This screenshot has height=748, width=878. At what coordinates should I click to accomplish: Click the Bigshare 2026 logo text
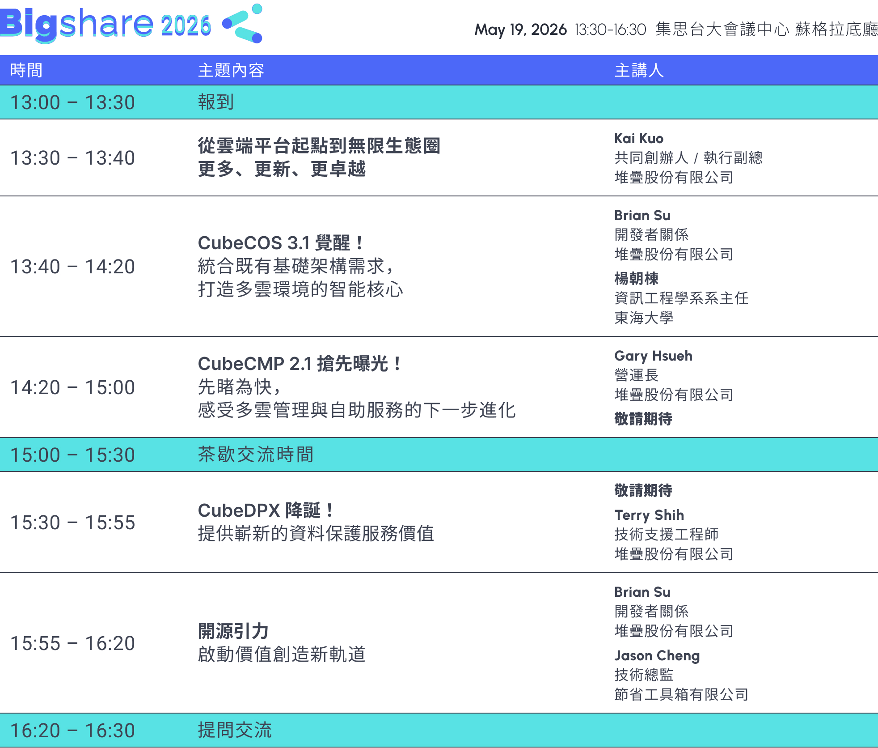[x=106, y=24]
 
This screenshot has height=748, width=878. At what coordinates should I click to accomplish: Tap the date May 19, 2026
[x=520, y=30]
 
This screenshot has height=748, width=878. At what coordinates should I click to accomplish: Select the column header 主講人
[x=639, y=70]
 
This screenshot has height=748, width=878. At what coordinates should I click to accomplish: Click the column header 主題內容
[x=231, y=70]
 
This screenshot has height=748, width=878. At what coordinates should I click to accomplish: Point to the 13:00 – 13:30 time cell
[x=72, y=102]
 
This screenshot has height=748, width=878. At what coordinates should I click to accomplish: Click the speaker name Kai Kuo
[x=639, y=138]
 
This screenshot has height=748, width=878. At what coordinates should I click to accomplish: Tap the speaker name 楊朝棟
[x=636, y=278]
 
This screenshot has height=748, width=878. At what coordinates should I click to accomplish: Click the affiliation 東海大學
[x=644, y=318]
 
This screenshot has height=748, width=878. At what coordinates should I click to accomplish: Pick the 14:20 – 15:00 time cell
[x=72, y=387]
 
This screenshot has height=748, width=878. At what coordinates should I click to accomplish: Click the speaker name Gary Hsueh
[x=653, y=356]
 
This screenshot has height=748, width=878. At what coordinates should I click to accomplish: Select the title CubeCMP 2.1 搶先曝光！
[x=300, y=364]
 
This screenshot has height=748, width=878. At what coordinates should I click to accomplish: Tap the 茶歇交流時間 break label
[x=256, y=455]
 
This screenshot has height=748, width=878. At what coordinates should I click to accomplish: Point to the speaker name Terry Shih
[x=649, y=515]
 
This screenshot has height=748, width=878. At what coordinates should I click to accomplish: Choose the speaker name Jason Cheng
[x=657, y=655]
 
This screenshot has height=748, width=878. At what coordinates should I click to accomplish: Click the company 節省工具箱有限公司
[x=681, y=694]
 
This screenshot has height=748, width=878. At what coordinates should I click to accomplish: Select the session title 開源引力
[x=233, y=631]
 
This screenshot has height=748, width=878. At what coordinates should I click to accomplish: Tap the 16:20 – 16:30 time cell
[x=72, y=731]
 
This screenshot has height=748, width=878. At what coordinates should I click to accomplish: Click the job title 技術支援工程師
[x=667, y=534]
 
